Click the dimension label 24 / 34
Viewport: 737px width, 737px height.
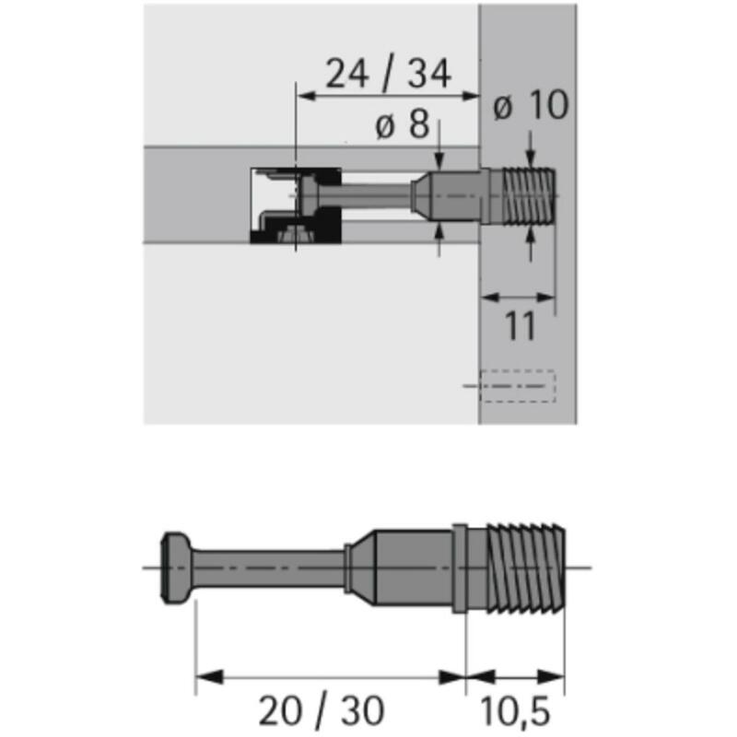pyautogui.click(x=388, y=74)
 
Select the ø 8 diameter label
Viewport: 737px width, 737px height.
pyautogui.click(x=403, y=124)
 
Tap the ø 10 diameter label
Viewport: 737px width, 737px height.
pyautogui.click(x=531, y=105)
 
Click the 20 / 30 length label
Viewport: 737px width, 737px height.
pyautogui.click(x=322, y=710)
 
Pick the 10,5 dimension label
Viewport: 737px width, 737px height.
pyautogui.click(x=515, y=711)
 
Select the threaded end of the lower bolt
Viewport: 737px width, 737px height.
pyautogui.click(x=525, y=567)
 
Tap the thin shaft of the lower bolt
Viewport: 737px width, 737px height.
pyautogui.click(x=269, y=567)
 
